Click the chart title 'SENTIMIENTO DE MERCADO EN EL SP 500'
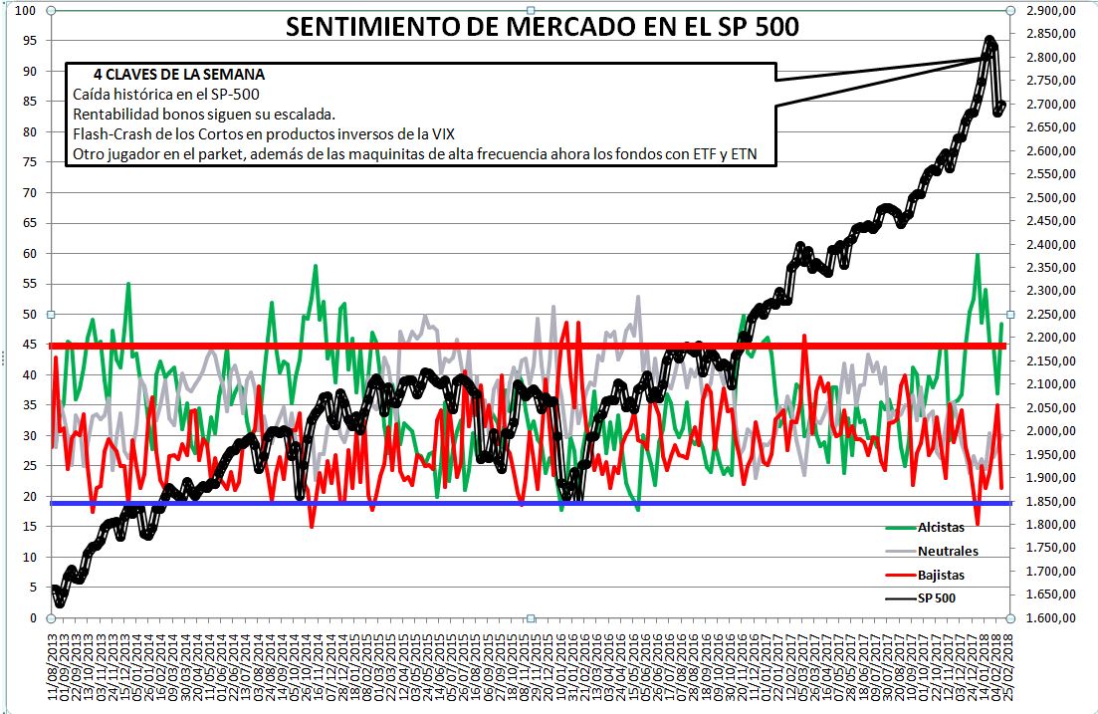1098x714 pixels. click(x=542, y=27)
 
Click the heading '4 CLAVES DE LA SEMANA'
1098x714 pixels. click(x=179, y=75)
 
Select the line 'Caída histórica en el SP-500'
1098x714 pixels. click(x=166, y=94)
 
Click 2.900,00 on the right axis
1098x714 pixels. click(x=1050, y=10)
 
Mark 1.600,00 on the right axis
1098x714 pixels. click(x=1050, y=617)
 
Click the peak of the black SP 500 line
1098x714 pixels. click(x=989, y=41)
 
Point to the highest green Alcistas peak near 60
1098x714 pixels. click(x=978, y=255)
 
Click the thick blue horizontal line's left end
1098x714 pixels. click(x=54, y=503)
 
